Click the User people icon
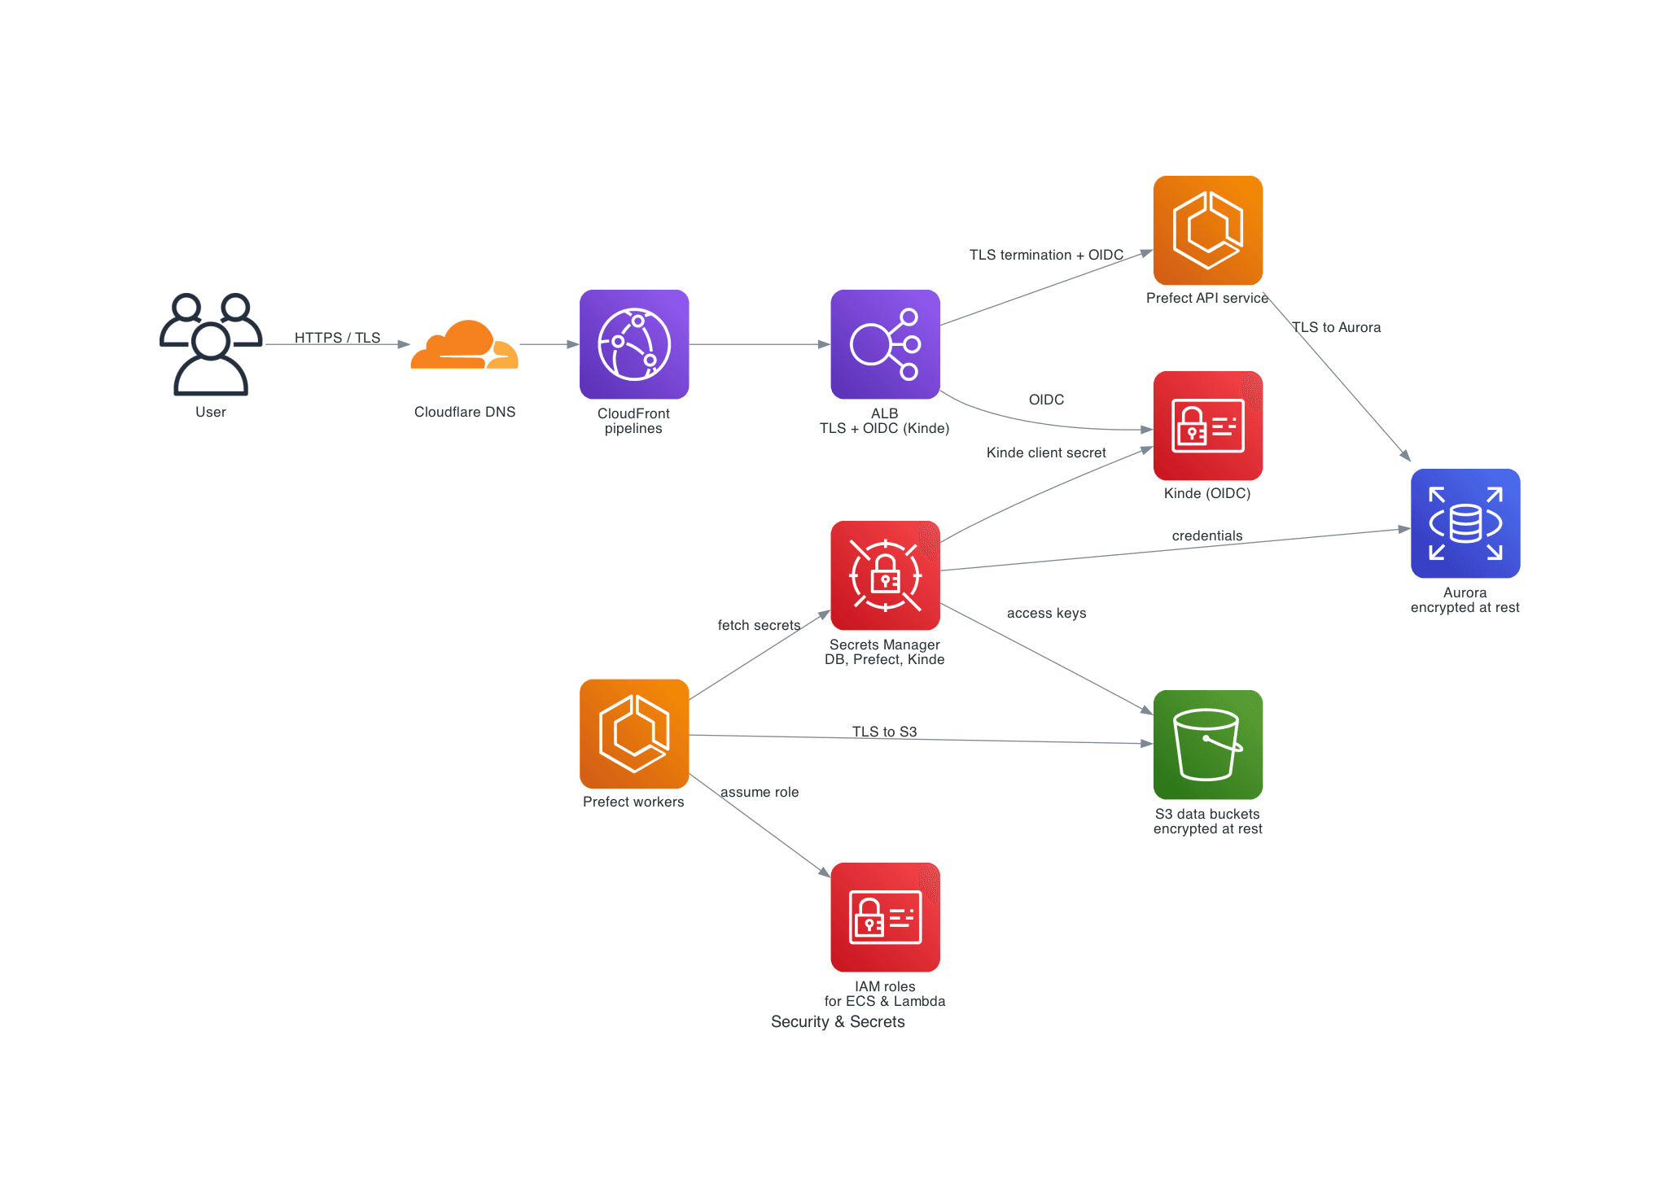[211, 344]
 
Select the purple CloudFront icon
[634, 344]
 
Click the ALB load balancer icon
[885, 344]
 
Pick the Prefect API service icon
[1208, 230]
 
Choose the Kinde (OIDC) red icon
[1208, 426]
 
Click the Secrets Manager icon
[885, 575]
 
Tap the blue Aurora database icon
[1465, 523]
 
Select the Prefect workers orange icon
[634, 734]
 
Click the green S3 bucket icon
[1208, 745]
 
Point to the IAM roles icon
[885, 917]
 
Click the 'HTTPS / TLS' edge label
[337, 338]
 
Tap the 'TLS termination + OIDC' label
[1046, 255]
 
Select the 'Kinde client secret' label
[1046, 452]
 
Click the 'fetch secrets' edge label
[759, 625]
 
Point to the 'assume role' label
[760, 792]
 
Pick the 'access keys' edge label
[1046, 613]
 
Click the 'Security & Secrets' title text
[838, 1021]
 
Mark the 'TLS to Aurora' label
[1336, 327]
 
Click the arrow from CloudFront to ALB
[760, 344]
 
